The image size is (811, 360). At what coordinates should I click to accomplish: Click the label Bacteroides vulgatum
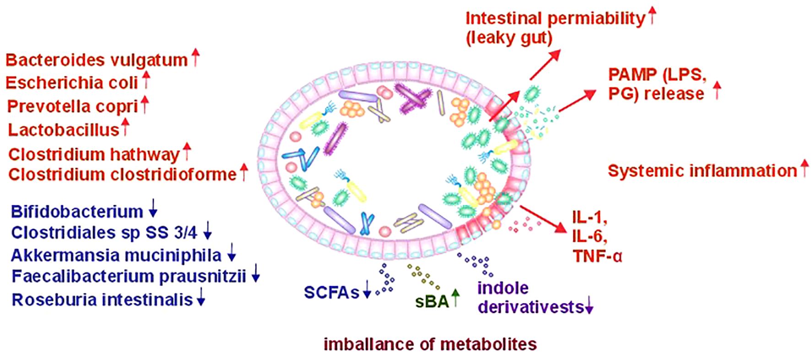[97, 60]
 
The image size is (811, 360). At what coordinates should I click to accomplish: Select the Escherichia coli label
[72, 83]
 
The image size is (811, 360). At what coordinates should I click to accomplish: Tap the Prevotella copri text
[73, 107]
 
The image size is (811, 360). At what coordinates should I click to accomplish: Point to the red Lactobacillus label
[64, 130]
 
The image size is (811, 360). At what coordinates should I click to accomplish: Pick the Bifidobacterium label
[77, 212]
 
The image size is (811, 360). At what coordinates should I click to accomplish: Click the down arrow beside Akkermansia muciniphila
[232, 254]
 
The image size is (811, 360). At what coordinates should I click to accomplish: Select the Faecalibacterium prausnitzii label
[129, 277]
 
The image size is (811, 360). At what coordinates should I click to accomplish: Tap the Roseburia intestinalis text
[102, 300]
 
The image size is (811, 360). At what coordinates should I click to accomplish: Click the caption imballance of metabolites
[430, 344]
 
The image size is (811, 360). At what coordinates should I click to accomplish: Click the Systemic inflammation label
[702, 171]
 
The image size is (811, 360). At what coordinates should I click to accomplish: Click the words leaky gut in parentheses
[508, 38]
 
